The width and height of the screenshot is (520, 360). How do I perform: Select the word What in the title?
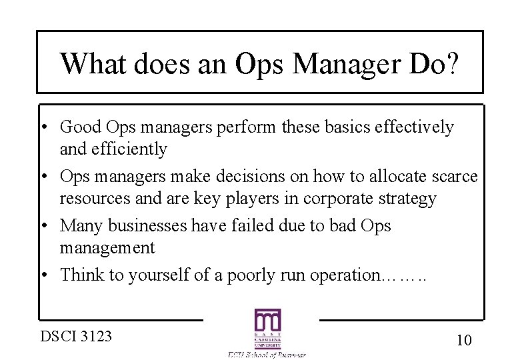click(95, 64)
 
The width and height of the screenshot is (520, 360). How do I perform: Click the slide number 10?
click(464, 340)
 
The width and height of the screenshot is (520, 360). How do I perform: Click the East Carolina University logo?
click(267, 329)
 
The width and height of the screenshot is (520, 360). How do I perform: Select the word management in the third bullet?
click(107, 248)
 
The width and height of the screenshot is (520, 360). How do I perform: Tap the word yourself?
click(161, 275)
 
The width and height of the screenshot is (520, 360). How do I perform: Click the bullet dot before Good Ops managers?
click(50, 127)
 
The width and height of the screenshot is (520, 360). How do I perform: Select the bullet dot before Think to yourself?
click(50, 275)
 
